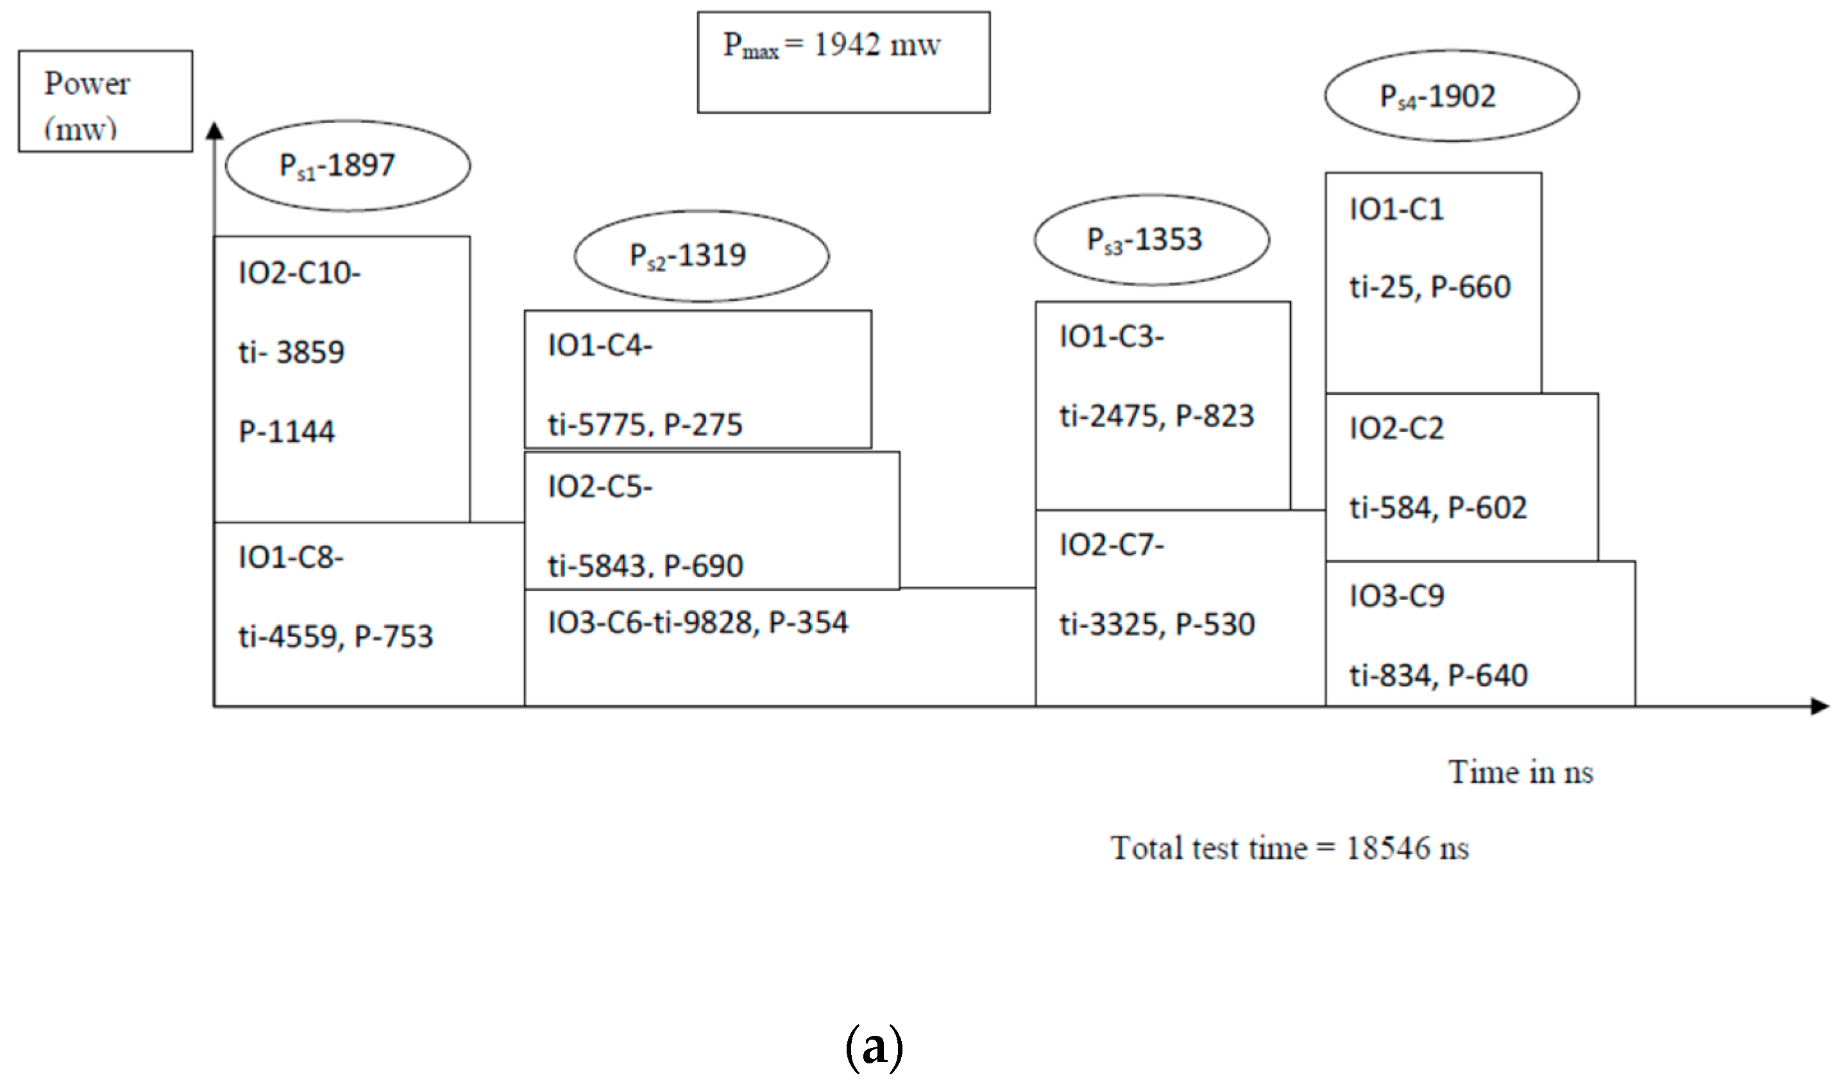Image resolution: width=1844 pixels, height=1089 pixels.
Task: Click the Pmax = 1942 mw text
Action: coord(831,46)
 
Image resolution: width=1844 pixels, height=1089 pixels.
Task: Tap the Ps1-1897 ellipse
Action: coord(348,166)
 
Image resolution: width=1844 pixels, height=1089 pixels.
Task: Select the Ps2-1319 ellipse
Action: coord(701,256)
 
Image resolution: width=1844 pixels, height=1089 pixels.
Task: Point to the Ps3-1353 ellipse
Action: coord(1151,240)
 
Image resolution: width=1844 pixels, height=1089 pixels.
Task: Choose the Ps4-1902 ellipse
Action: coord(1451,96)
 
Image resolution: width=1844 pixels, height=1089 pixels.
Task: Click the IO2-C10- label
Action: coord(300,274)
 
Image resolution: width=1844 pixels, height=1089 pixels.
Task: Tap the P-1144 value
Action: coord(286,431)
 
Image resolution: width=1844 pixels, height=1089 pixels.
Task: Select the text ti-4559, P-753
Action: coord(335,636)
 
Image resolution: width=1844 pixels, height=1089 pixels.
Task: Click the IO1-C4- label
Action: coord(600,345)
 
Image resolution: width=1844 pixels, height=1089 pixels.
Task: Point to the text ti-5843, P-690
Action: coord(645,566)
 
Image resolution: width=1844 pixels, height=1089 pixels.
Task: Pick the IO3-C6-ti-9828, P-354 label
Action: coord(697,623)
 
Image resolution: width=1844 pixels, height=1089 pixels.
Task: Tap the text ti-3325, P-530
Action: coord(1157,624)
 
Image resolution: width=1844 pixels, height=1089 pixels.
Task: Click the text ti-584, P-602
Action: coord(1437,508)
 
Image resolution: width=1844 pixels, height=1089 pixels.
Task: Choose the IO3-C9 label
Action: coord(1396,596)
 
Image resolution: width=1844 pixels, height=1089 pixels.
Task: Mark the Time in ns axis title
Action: coord(1520,773)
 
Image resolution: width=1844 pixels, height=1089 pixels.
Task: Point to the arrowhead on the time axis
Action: coord(1819,706)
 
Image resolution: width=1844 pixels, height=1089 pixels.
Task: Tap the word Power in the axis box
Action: coord(87,84)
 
